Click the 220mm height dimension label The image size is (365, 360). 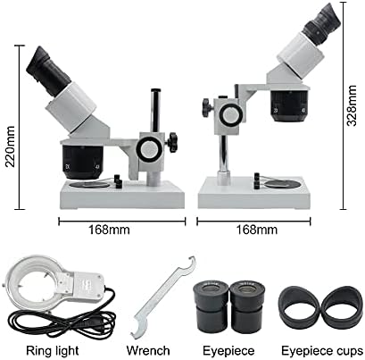click(11, 147)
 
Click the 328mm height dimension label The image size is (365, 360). click(353, 105)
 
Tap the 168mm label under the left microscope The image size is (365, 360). click(110, 230)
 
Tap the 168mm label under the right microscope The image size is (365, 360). click(257, 230)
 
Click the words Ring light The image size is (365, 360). click(53, 351)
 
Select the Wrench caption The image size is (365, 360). click(148, 351)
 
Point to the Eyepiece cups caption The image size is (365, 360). click(322, 351)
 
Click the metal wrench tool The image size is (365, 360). click(162, 297)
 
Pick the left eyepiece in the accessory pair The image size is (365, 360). click(211, 306)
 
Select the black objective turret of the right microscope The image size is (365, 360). click(289, 106)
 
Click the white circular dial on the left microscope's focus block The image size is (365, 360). click(150, 150)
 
